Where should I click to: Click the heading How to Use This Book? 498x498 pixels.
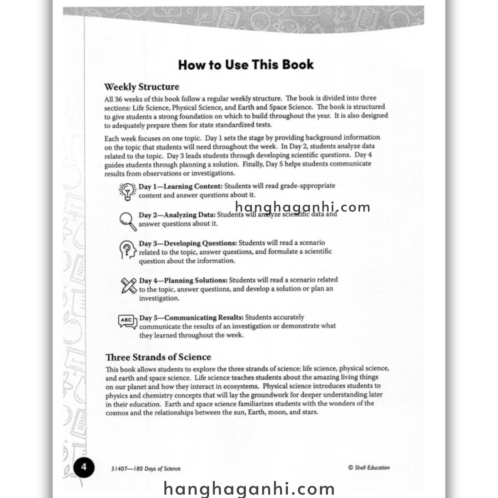[246, 65]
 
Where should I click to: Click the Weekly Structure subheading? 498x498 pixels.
[142, 87]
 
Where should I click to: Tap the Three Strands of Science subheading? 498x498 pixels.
[158, 357]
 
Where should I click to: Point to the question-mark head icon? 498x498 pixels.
[128, 249]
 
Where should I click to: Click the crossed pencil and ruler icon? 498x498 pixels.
[129, 286]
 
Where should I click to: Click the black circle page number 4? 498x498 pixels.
[84, 467]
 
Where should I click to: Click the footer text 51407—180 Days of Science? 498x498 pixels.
[146, 469]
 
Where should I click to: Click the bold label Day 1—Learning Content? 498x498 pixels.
[180, 186]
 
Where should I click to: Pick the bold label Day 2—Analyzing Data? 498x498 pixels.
[177, 215]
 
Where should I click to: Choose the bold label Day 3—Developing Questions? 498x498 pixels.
[188, 243]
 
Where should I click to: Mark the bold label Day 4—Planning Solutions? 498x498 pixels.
[183, 280]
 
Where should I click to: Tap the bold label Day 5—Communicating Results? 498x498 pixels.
[191, 318]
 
